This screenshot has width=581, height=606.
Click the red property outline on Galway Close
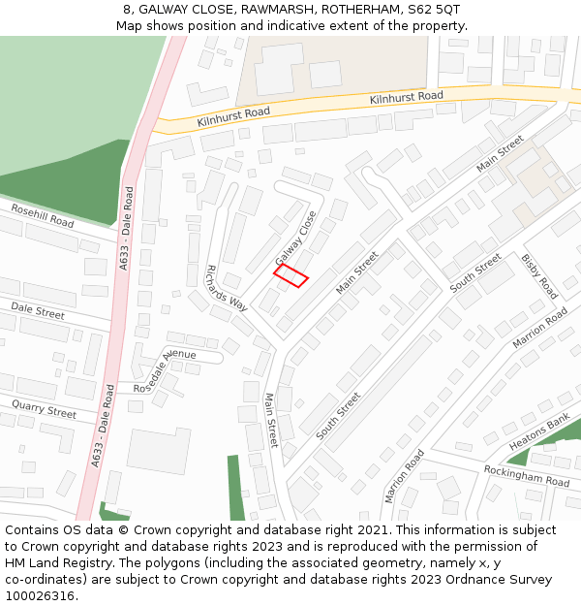pos(290,276)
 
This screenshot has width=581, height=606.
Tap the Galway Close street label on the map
pos(296,239)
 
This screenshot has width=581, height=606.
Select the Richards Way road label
pos(227,288)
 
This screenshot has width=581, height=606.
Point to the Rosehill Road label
pos(42,215)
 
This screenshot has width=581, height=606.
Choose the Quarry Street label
pos(44,407)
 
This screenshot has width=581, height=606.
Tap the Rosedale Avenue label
pos(165,371)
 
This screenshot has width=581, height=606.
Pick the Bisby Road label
pos(539,276)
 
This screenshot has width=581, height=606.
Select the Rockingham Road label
pos(526,475)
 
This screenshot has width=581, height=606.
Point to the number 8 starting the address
pos(127,10)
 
